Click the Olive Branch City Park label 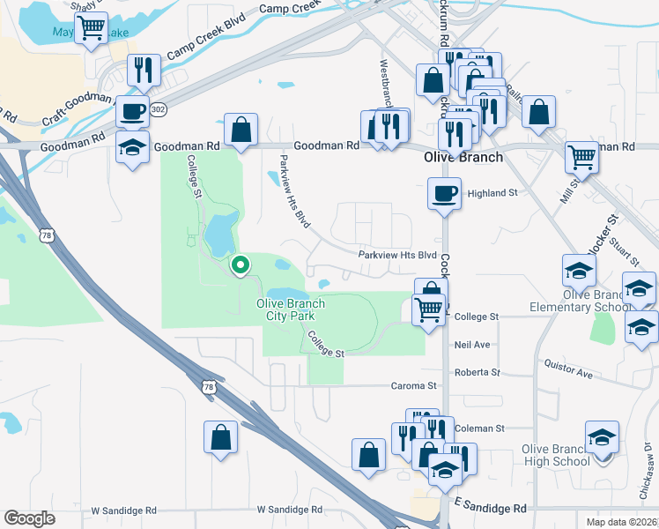291,309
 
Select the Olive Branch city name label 463,158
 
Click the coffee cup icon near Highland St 444,193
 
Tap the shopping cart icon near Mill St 582,158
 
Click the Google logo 29,518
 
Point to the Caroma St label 414,386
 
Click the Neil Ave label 472,345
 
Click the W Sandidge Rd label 289,510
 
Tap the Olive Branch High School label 555,455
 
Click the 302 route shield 158,109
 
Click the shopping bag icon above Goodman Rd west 241,130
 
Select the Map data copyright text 622,521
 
